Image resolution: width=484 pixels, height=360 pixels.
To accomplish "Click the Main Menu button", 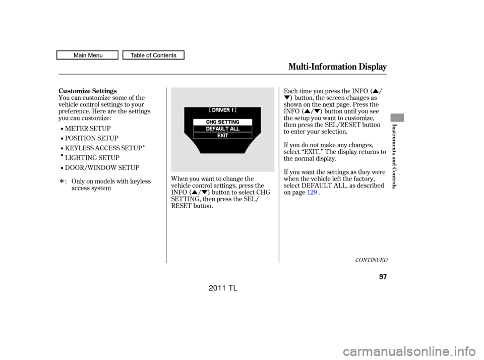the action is click(x=87, y=55).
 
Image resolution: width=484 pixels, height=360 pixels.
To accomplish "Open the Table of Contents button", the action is click(x=153, y=55).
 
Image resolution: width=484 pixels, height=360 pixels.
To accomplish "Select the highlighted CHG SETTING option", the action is click(x=222, y=122).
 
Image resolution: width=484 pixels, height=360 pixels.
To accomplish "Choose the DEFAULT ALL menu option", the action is click(x=222, y=129).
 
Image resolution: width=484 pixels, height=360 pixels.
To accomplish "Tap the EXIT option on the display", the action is click(x=222, y=136).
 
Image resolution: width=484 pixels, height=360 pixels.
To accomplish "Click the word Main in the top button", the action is click(x=80, y=55).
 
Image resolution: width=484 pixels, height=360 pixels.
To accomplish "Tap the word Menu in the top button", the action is click(x=94, y=55).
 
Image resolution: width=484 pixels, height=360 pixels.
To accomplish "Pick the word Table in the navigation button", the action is click(x=138, y=55).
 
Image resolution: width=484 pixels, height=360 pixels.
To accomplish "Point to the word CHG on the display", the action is click(x=211, y=122).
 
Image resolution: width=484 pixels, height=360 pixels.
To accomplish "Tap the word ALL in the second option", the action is click(x=234, y=129).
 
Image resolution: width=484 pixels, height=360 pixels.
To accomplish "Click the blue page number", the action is click(x=312, y=192).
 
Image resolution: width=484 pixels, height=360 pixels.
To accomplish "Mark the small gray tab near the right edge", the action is click(x=397, y=117).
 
